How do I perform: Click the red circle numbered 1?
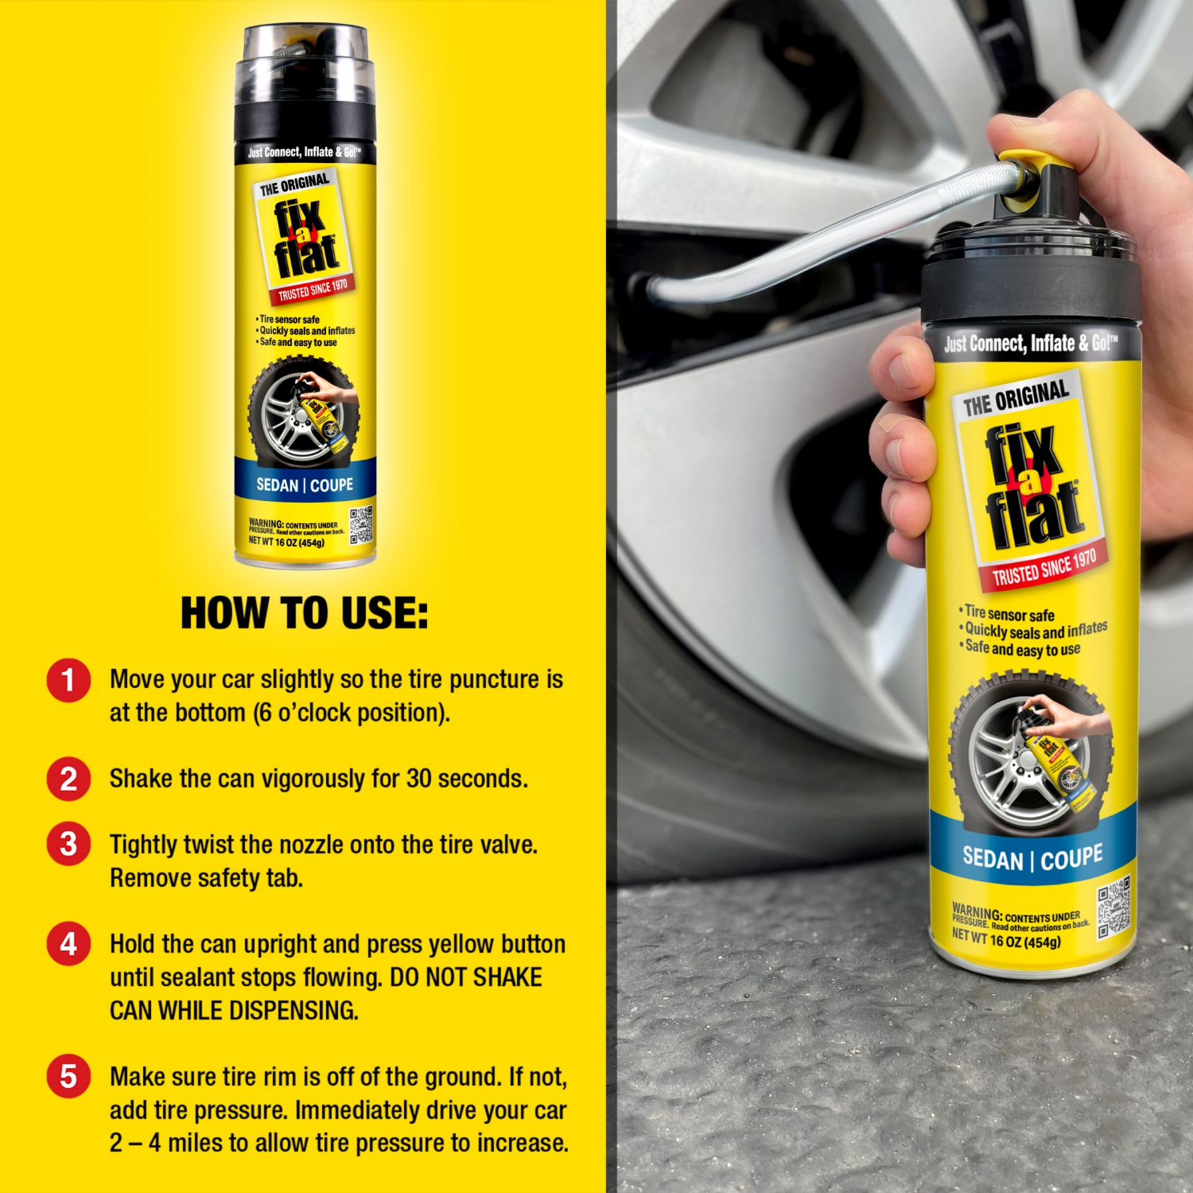pos(68,681)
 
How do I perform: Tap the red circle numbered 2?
pos(68,779)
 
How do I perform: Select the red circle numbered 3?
pos(68,845)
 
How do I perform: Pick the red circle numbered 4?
pos(68,944)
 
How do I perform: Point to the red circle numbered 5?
pos(68,1077)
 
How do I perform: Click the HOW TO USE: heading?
pos(304,614)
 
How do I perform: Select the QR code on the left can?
pos(360,525)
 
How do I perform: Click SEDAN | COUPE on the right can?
pos(1032,858)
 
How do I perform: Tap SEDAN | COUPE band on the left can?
pos(305,485)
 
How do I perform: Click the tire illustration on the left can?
pos(302,412)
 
